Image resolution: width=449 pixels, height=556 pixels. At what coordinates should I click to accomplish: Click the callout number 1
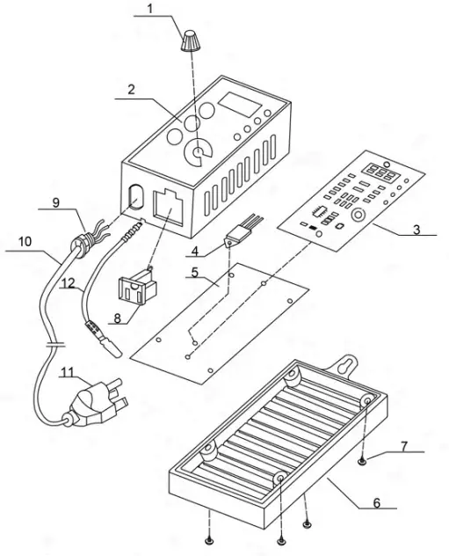pos(149,10)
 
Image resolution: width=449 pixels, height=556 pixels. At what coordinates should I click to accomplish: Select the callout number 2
pos(130,89)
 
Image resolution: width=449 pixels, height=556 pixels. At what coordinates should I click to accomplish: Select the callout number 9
pos(55,203)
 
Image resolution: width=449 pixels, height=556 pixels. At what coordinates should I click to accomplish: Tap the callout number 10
pos(24,239)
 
